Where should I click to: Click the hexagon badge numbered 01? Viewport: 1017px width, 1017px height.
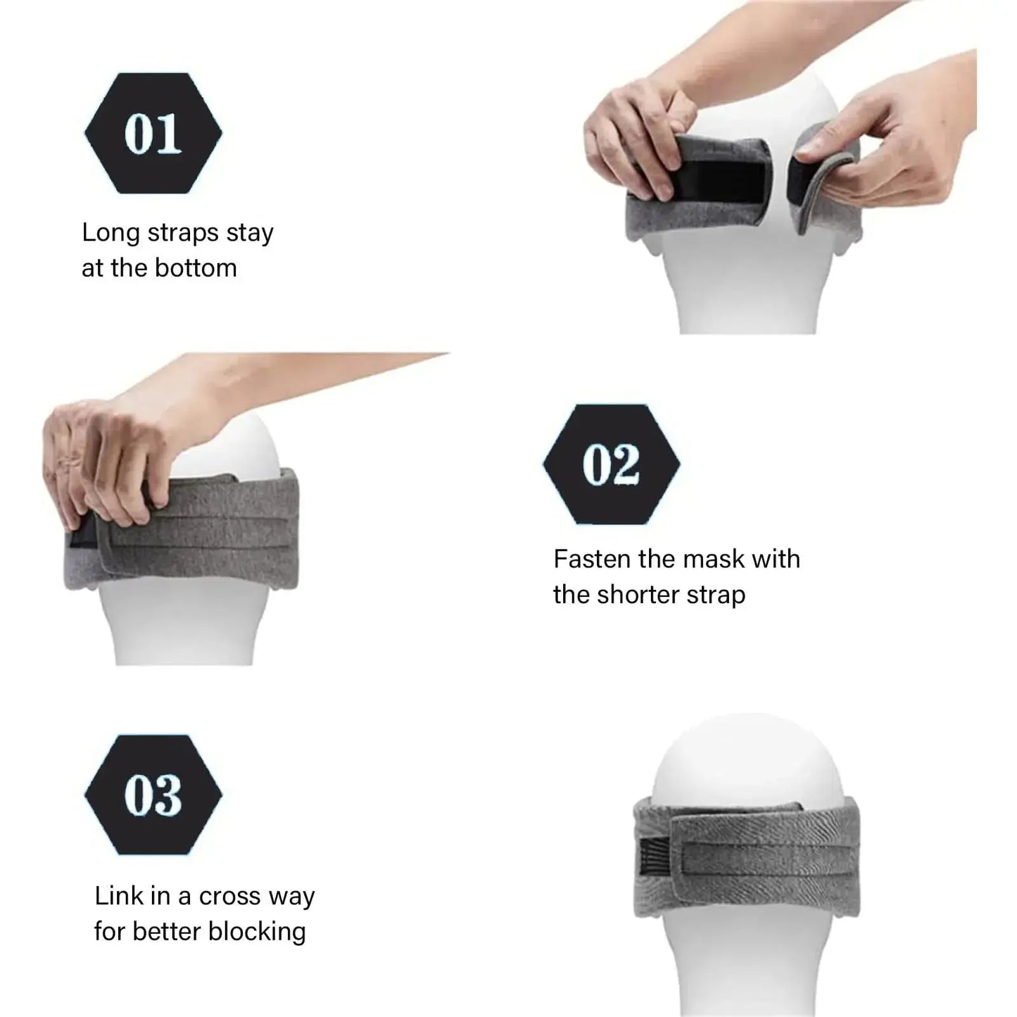coord(153,133)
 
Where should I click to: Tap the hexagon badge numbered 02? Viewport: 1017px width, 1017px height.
coord(611,464)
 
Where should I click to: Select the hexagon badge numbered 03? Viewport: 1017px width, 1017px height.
coord(153,795)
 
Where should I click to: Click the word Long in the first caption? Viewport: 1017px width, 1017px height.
coord(110,233)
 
